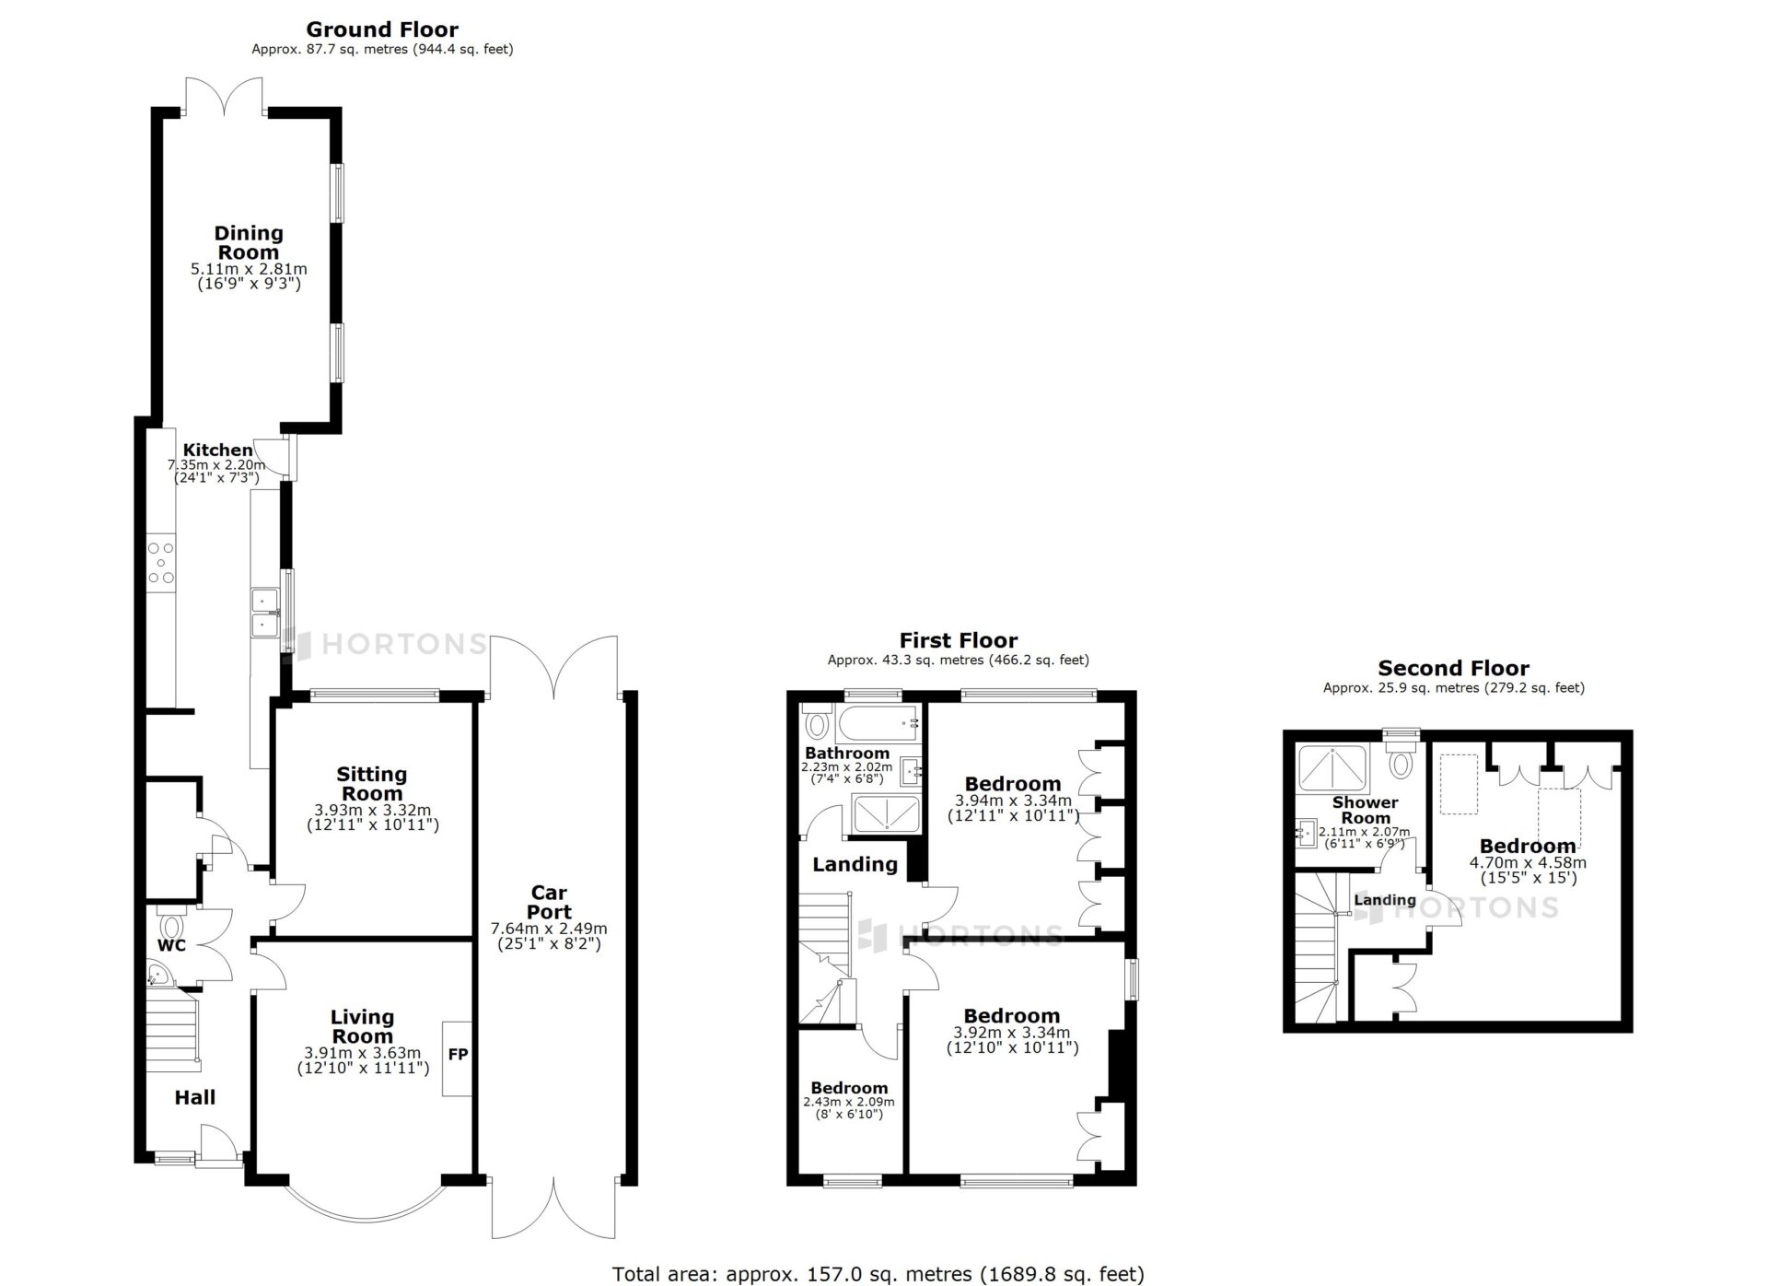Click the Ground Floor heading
(382, 29)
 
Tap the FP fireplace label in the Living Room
(458, 1055)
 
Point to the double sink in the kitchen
(264, 613)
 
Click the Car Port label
(549, 902)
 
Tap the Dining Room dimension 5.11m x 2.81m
(249, 269)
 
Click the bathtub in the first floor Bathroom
(877, 724)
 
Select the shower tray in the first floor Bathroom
(886, 814)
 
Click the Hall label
(195, 1097)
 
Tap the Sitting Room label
(372, 784)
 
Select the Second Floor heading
(1453, 668)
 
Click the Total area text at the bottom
(878, 1274)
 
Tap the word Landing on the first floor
(855, 864)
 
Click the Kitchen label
(218, 450)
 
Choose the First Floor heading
(959, 640)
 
